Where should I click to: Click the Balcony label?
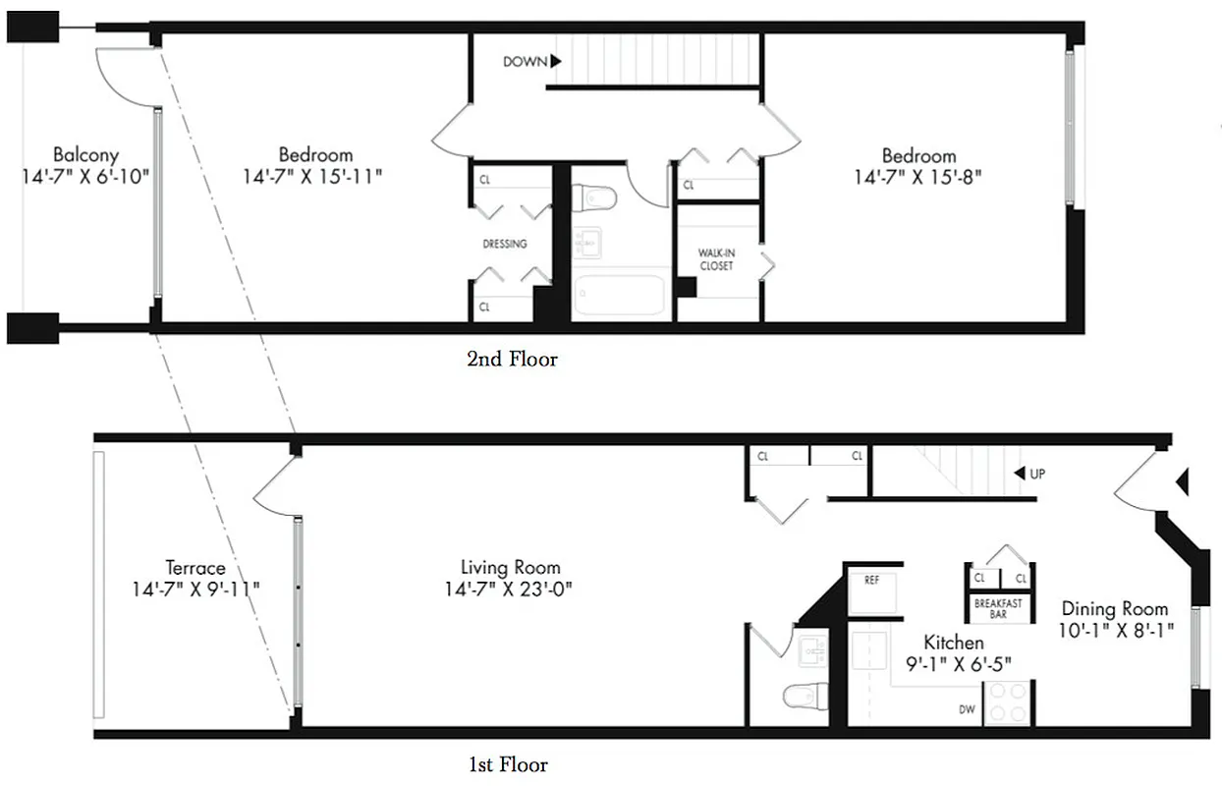pos(85,154)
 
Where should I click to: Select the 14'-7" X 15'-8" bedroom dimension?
pos(918,177)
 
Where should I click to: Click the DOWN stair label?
pos(526,61)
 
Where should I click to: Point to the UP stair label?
pos(1036,474)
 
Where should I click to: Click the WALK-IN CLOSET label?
pos(716,259)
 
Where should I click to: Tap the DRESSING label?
pos(504,244)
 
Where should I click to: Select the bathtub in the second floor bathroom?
pos(619,295)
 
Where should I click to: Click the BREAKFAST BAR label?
pos(997,609)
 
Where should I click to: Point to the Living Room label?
pos(510,567)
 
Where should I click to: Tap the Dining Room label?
pos(1114,608)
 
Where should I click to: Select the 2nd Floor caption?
pos(512,360)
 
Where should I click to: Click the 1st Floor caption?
pos(508,764)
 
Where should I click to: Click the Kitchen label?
pos(953,643)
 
